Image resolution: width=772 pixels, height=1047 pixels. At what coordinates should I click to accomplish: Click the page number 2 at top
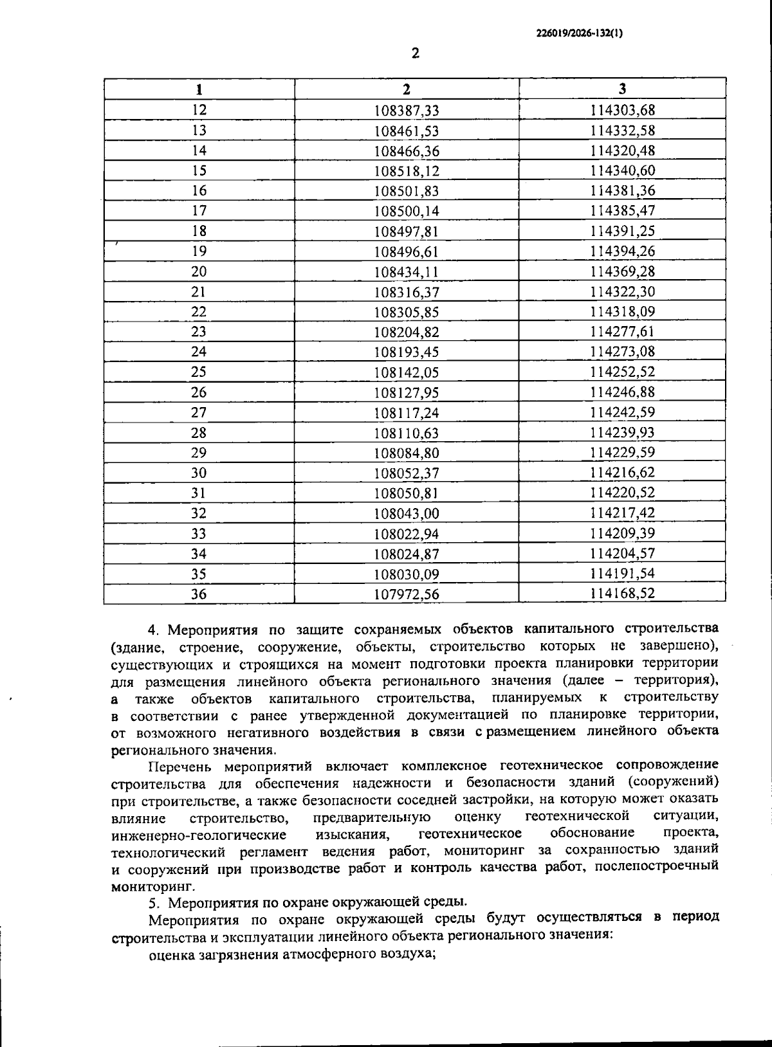[415, 53]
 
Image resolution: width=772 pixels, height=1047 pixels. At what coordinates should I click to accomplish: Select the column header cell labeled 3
[622, 89]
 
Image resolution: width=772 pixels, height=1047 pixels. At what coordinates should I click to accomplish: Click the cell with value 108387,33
[407, 111]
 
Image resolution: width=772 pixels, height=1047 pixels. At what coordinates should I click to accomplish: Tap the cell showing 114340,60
[622, 171]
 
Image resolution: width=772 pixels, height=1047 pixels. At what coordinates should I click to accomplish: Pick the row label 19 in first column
[199, 251]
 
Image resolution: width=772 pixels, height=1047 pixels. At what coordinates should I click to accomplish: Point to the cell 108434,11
[407, 272]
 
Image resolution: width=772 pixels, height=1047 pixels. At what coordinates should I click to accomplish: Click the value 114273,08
[622, 352]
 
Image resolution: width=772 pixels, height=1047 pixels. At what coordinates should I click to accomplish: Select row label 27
[199, 412]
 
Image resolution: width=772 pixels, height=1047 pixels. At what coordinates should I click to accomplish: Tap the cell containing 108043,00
[407, 513]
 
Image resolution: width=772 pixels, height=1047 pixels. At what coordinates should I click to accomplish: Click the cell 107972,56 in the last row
[407, 594]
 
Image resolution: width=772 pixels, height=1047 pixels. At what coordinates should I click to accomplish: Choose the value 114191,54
[622, 574]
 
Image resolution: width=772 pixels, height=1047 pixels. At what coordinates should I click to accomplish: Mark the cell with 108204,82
[407, 332]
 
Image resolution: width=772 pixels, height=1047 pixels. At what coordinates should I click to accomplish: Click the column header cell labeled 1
[199, 89]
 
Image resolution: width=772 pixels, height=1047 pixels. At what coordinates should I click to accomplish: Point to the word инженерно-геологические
[199, 835]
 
